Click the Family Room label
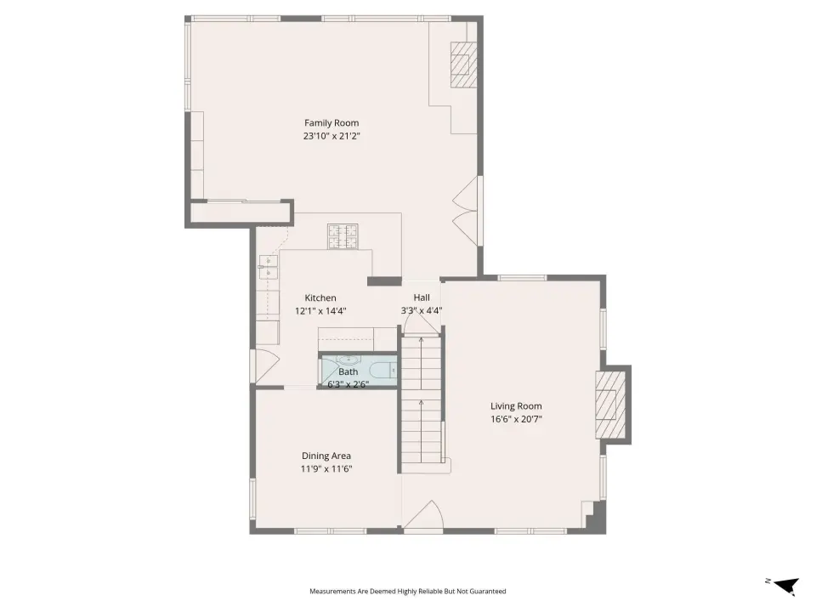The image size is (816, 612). click(331, 123)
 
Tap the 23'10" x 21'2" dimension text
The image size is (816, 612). click(332, 136)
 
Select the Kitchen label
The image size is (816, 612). click(320, 298)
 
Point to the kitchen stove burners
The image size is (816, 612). click(343, 237)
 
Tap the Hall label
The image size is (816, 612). click(422, 297)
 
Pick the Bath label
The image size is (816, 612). click(348, 372)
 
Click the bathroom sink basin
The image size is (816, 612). click(348, 360)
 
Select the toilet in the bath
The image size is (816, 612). click(383, 371)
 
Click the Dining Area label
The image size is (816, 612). click(326, 456)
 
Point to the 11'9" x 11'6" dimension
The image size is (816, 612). click(326, 469)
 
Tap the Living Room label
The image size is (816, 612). click(516, 406)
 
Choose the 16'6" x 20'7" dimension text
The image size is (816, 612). click(516, 419)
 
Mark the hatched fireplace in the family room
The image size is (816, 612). click(463, 65)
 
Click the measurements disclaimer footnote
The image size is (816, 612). click(407, 592)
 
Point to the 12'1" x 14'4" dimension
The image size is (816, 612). click(320, 311)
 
